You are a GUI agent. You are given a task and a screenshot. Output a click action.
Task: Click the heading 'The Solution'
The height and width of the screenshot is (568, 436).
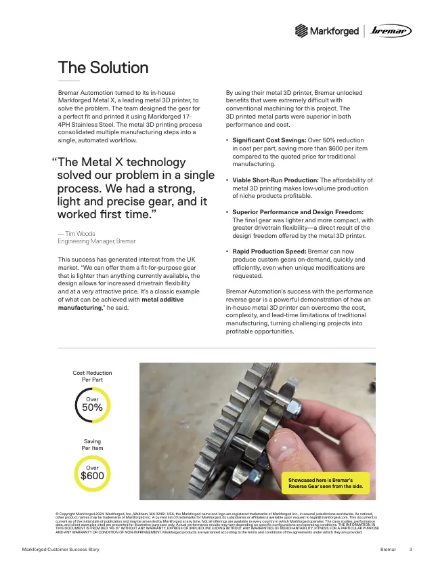tap(103, 68)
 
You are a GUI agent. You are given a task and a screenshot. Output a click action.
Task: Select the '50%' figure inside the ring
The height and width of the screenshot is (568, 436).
tap(92, 407)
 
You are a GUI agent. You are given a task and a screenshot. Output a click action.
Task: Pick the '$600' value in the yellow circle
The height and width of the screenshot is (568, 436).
tap(92, 475)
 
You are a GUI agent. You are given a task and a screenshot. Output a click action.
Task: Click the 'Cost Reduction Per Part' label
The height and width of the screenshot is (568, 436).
tap(92, 376)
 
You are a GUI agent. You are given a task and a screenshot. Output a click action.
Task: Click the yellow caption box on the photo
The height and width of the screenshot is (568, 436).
tap(326, 482)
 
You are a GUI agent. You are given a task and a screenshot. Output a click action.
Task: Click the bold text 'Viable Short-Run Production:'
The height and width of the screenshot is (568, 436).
tap(271, 180)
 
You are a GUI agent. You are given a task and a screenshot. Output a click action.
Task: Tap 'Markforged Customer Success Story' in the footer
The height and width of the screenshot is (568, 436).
tap(60, 548)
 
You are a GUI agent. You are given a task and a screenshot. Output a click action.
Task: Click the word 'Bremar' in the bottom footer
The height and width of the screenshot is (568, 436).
tap(388, 548)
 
